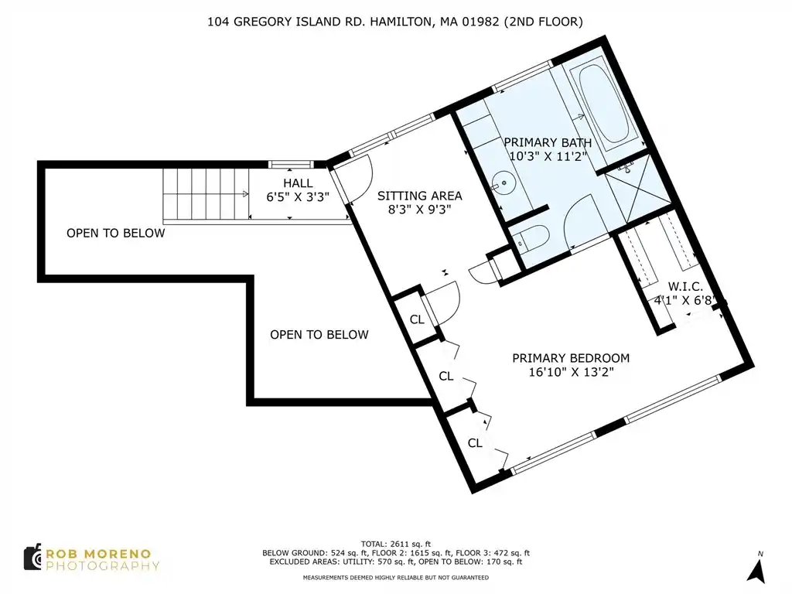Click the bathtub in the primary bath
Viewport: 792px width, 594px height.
pos(603,107)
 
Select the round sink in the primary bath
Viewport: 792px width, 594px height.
pos(504,183)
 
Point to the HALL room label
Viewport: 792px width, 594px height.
pos(298,183)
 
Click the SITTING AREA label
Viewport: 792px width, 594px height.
pos(419,196)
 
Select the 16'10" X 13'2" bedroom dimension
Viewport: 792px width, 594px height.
pos(571,372)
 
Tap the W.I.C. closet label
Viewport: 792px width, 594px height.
pos(685,286)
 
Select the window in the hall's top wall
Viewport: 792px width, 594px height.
pos(291,164)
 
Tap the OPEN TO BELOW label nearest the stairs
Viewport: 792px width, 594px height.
pos(116,233)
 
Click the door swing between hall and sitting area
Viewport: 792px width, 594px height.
pos(353,178)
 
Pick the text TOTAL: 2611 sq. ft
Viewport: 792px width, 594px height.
pos(395,544)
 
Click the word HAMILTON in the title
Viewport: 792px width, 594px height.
pos(401,22)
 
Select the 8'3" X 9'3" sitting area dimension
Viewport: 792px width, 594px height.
pos(419,209)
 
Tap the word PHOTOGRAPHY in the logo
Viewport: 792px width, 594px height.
pos(103,565)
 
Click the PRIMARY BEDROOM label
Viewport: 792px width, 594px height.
pos(571,358)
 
